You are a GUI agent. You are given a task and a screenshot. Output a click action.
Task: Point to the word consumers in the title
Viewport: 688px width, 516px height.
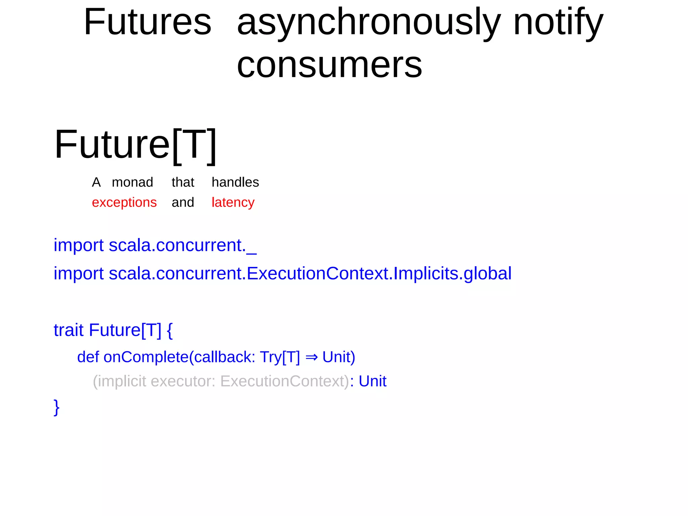coord(329,65)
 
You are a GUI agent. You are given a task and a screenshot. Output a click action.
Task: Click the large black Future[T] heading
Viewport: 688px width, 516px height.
coord(135,145)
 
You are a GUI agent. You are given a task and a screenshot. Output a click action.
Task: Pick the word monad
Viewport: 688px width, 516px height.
coord(132,182)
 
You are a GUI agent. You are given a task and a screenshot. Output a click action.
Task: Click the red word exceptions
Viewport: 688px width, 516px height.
coord(124,202)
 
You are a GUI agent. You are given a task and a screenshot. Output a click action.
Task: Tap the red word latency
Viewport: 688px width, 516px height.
coord(233,202)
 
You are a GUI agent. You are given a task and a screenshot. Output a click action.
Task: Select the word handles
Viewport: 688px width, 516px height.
coord(235,182)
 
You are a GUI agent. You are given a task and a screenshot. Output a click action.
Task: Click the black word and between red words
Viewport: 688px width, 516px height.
coord(183,202)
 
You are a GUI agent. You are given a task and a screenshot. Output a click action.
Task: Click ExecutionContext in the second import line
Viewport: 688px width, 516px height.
coord(318,273)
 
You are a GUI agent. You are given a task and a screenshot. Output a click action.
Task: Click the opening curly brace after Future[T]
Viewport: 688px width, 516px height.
coord(170,330)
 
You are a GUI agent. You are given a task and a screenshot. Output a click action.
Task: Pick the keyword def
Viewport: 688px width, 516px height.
coord(88,357)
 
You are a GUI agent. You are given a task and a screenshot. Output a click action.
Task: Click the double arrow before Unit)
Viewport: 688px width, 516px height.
coord(311,357)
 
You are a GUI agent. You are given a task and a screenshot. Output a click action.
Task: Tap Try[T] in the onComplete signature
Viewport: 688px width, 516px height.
coord(280,357)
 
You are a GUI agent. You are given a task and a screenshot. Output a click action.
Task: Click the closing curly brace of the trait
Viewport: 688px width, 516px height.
coord(56,407)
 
